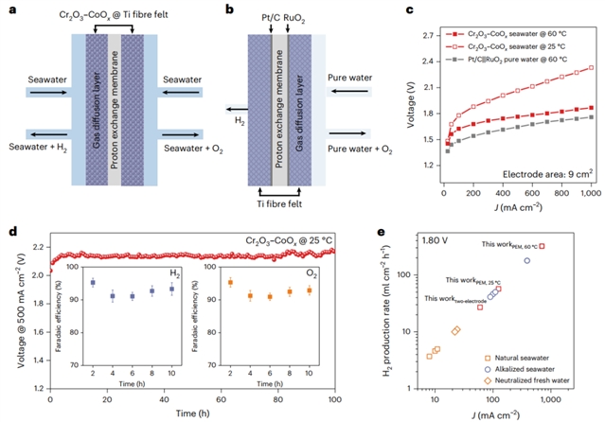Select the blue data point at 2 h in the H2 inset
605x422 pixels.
[92, 282]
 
